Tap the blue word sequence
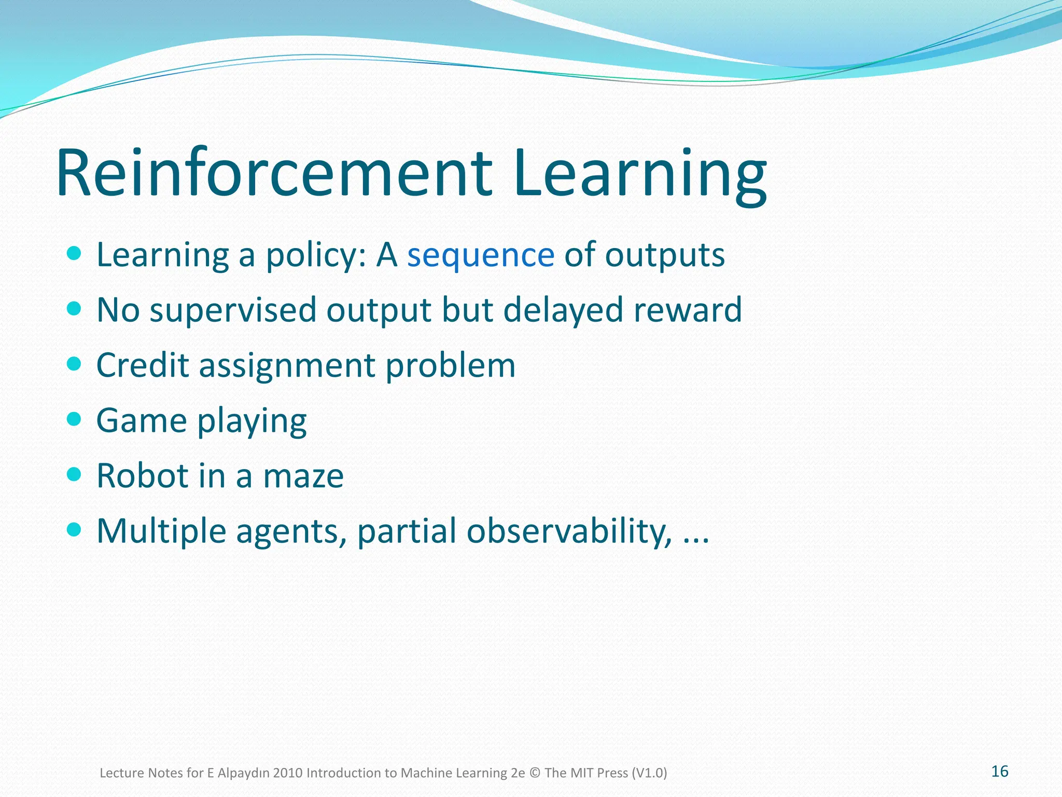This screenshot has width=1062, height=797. click(x=480, y=255)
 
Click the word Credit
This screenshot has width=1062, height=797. click(x=143, y=365)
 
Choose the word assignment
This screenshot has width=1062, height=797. click(x=287, y=366)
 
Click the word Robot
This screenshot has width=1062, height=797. click(x=143, y=476)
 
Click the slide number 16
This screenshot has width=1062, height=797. click(x=999, y=772)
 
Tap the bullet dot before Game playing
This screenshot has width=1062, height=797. click(x=74, y=419)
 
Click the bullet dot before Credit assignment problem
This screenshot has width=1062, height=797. click(x=74, y=364)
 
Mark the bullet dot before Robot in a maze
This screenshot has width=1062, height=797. click(x=74, y=474)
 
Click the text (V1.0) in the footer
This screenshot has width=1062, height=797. click(x=649, y=773)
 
